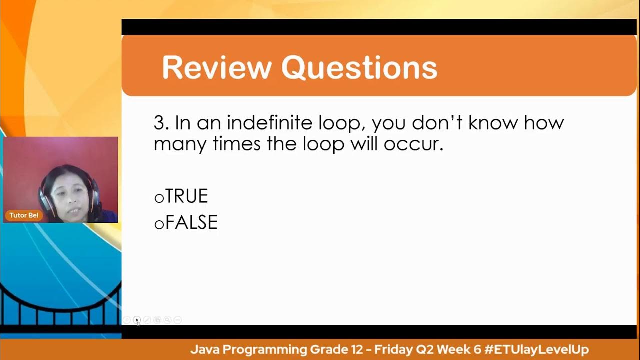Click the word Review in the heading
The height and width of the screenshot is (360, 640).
click(216, 68)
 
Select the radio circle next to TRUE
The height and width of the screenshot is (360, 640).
click(159, 198)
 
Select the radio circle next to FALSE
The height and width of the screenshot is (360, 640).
click(159, 224)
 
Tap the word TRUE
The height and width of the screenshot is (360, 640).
click(186, 196)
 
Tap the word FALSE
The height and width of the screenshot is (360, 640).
click(191, 222)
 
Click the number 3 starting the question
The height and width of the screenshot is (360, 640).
click(159, 123)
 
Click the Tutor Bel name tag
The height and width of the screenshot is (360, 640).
click(24, 215)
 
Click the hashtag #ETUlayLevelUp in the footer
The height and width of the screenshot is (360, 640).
click(536, 349)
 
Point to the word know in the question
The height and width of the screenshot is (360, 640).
click(491, 123)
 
